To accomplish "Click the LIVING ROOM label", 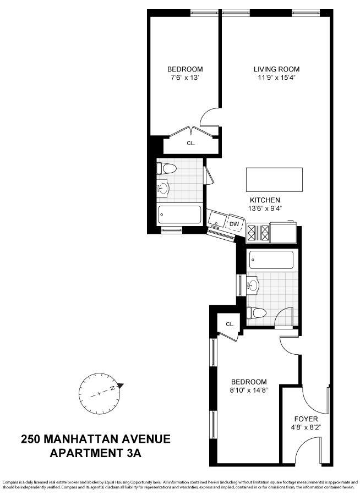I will [277, 69].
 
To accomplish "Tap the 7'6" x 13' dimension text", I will [185, 78].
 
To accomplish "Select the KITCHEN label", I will [265, 200].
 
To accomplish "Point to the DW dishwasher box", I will [234, 224].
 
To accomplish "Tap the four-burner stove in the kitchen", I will [258, 233].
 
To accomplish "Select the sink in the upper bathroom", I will [162, 189].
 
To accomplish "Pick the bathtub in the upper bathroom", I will [179, 215].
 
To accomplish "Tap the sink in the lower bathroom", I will [254, 285].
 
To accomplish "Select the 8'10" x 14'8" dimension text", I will [249, 391].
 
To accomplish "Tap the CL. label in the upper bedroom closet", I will [191, 143].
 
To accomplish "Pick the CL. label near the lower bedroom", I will [230, 324].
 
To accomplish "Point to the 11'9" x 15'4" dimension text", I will [277, 78].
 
